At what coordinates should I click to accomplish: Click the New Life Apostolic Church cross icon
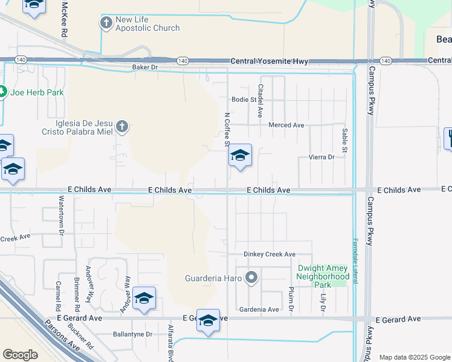[106, 23]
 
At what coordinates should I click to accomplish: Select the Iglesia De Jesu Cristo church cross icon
[122, 126]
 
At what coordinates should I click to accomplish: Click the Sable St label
[345, 140]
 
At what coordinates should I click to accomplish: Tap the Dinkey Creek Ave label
[270, 255]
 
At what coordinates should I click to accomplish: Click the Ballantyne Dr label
[133, 334]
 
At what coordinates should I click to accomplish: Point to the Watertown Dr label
[62, 214]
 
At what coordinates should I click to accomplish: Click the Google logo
[20, 355]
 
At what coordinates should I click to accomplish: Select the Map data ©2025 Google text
[414, 357]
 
